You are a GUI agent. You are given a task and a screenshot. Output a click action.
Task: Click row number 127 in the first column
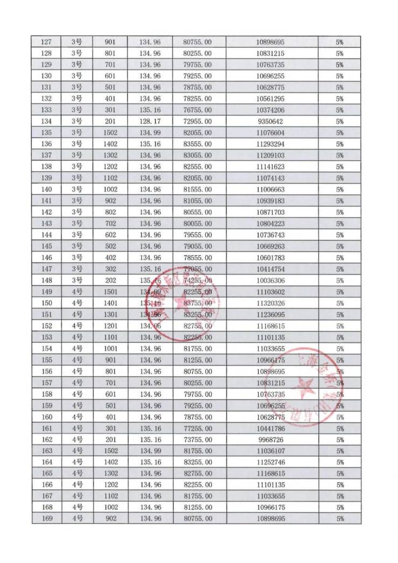(47, 42)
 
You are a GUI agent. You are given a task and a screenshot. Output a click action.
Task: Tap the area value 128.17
(150, 121)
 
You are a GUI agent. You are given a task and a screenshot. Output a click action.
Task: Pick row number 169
(47, 519)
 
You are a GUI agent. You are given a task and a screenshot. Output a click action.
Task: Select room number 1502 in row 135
(110, 132)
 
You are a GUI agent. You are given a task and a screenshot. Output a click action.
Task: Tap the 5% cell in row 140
(339, 189)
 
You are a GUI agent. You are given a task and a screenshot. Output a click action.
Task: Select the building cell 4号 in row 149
(77, 292)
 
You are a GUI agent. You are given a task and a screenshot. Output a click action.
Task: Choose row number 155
(47, 360)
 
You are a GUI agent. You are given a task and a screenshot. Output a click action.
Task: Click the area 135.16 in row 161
(150, 428)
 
